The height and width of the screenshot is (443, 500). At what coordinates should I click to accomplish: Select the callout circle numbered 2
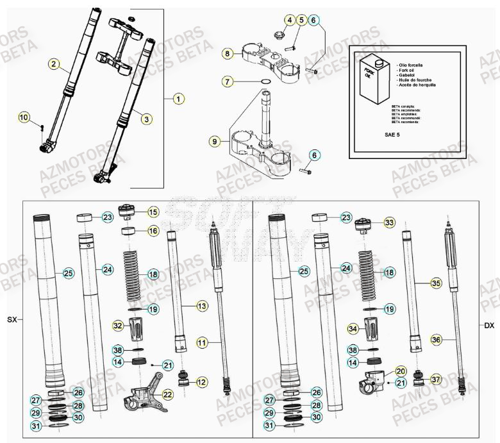point(54,63)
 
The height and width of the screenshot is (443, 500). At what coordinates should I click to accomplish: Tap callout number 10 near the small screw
point(24,117)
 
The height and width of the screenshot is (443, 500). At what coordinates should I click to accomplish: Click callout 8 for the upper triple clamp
point(227,54)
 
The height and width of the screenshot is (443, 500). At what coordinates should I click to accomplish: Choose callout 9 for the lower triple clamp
point(215,140)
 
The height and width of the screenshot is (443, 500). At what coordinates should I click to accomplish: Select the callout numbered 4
point(290,21)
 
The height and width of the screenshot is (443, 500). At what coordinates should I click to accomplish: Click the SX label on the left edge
point(12,319)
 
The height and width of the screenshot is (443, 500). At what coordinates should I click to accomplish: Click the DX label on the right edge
point(489,326)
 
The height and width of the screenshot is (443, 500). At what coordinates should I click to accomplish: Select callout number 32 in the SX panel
point(118,326)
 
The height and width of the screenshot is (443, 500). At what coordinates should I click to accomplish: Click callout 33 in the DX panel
point(389,222)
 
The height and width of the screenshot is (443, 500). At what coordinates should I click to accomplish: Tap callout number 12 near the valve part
point(201,382)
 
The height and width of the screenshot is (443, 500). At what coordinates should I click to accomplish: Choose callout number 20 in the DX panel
point(400,371)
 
